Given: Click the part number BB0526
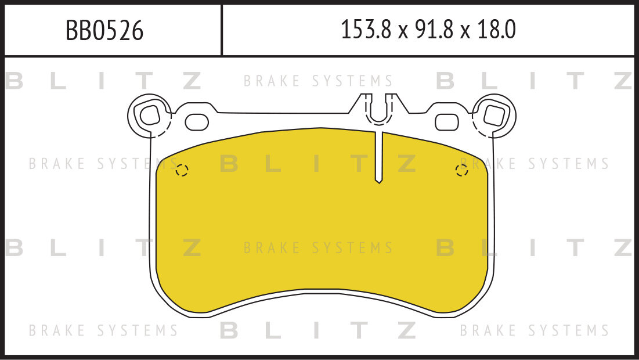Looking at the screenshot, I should coord(104,30).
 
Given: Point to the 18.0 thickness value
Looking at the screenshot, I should coord(496,30).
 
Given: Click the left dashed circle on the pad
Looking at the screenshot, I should coord(182,170).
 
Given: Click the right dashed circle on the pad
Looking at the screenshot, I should coord(462,170).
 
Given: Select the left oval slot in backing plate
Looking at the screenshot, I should coord(197,122).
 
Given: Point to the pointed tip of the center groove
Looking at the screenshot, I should coord(378,182).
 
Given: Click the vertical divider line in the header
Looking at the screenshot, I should coord(222,30).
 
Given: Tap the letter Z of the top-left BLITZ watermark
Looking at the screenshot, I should coord(192,81).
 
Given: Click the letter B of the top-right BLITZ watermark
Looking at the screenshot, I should coord(445,81).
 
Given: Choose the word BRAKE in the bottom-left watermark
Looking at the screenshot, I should coord(57,331).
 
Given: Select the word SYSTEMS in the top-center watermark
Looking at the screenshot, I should coord(352,81).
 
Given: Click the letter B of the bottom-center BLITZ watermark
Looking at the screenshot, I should coord(229,331).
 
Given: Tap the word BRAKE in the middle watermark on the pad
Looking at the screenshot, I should coord(272,249).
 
